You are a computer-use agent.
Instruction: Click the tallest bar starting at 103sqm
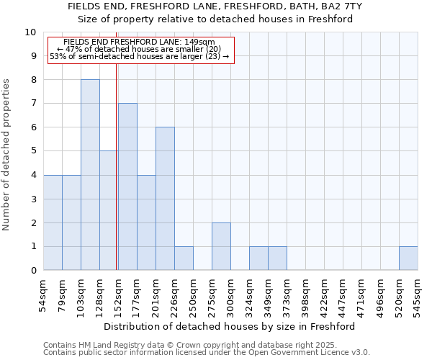pyautogui.click(x=90, y=175)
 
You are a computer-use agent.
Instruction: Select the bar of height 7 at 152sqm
pyautogui.click(x=127, y=186)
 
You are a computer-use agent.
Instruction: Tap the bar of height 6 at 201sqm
pyautogui.click(x=165, y=199)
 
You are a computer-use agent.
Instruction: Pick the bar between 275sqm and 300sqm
pyautogui.click(x=221, y=246)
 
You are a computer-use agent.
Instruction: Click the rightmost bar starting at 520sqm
pyautogui.click(x=408, y=258)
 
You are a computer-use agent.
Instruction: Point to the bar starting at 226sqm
pyautogui.click(x=184, y=258)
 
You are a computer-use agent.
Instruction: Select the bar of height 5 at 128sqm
pyautogui.click(x=109, y=210)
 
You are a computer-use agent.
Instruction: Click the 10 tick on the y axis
pyautogui.click(x=30, y=32)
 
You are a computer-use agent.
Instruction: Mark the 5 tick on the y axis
pyautogui.click(x=33, y=151)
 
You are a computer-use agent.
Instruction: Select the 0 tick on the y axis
pyautogui.click(x=33, y=271)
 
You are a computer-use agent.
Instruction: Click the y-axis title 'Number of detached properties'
pyautogui.click(x=7, y=155)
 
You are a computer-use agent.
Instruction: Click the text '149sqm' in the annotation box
pyautogui.click(x=199, y=42)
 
